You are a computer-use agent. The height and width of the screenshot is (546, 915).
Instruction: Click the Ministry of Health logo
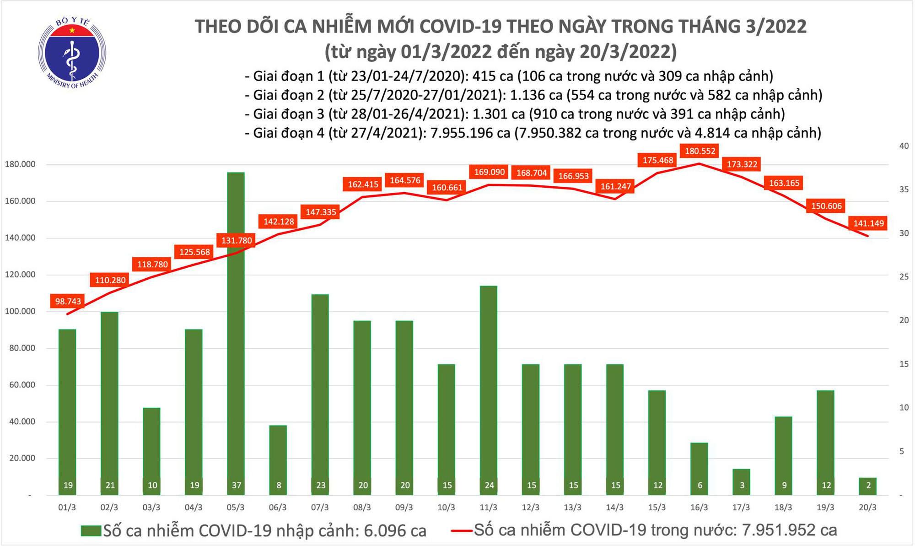(x=72, y=53)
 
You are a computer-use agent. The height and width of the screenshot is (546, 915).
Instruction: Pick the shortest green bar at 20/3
(x=868, y=486)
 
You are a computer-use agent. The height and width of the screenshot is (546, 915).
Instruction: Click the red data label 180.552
(x=700, y=151)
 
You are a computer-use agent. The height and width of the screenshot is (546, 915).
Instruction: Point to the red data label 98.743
(x=68, y=301)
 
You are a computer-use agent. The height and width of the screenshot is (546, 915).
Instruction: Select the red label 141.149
(x=868, y=223)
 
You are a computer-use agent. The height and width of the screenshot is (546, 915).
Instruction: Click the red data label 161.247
(x=615, y=186)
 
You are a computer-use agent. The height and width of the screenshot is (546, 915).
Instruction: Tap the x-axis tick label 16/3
(x=699, y=508)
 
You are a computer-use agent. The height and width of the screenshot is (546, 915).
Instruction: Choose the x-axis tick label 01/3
(x=67, y=508)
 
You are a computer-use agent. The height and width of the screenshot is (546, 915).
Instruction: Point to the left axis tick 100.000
(x=20, y=311)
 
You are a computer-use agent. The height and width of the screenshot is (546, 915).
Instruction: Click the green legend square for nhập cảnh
(x=91, y=531)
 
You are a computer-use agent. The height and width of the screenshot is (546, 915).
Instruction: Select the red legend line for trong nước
(x=461, y=531)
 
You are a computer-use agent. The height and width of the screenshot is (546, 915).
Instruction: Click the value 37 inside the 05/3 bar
(x=236, y=485)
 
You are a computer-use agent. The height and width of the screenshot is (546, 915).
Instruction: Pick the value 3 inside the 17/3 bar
(x=742, y=485)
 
